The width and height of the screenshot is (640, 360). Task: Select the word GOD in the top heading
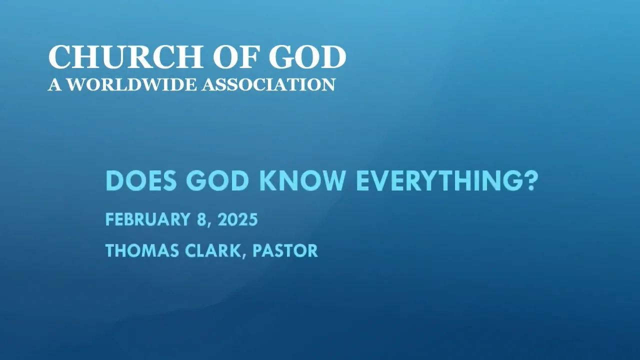307,57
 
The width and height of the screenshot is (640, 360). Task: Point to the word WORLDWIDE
132,84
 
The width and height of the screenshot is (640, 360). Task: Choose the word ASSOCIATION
268,84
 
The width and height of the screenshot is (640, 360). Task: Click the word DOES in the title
141,181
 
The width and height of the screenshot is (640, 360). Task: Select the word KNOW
306,181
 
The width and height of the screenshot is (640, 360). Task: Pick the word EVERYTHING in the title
437,181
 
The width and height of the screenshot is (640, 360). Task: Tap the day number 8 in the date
201,219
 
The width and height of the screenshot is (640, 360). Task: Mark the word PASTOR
285,250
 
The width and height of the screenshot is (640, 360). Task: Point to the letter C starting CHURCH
59,57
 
